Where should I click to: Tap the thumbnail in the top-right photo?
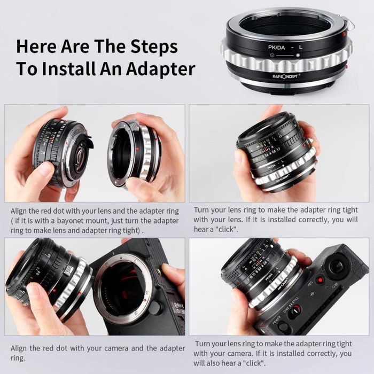[239, 155]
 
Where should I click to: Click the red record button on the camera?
[320, 279]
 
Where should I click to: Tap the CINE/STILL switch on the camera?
[295, 309]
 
